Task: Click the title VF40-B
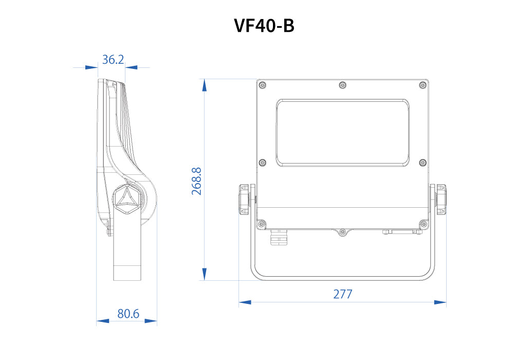coord(264,25)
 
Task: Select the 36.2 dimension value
coord(113,60)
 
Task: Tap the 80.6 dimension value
coord(128,313)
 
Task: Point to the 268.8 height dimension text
coord(197,181)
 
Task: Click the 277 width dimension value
coord(342,294)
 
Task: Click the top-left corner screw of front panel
coord(263,85)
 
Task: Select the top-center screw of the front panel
coord(343,85)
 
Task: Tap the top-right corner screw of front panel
coord(423,85)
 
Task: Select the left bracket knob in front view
coord(244,199)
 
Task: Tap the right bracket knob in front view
coord(441,199)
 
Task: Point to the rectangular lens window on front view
coord(343,133)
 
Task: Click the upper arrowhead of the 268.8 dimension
coord(205,85)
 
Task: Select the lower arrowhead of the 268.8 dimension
coord(205,274)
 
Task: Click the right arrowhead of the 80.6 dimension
coord(151,321)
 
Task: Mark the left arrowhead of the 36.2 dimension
coord(91,67)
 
